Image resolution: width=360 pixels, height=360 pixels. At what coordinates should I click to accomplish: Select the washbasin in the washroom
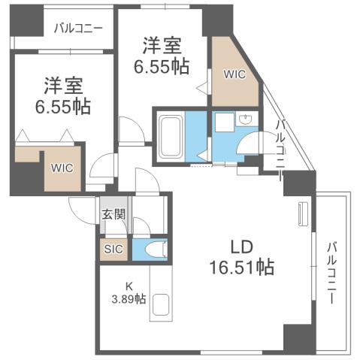[244, 120]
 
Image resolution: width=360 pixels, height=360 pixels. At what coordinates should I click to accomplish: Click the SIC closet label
[113, 248]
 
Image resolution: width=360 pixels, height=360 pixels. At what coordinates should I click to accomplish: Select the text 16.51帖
[241, 266]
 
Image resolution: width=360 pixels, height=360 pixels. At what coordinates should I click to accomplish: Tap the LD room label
[241, 246]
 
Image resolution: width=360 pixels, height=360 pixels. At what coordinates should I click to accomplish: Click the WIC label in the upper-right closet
[233, 74]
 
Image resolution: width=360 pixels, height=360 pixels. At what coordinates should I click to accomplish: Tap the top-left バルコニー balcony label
[78, 29]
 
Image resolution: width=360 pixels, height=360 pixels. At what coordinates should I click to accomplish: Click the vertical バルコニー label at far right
[331, 272]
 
